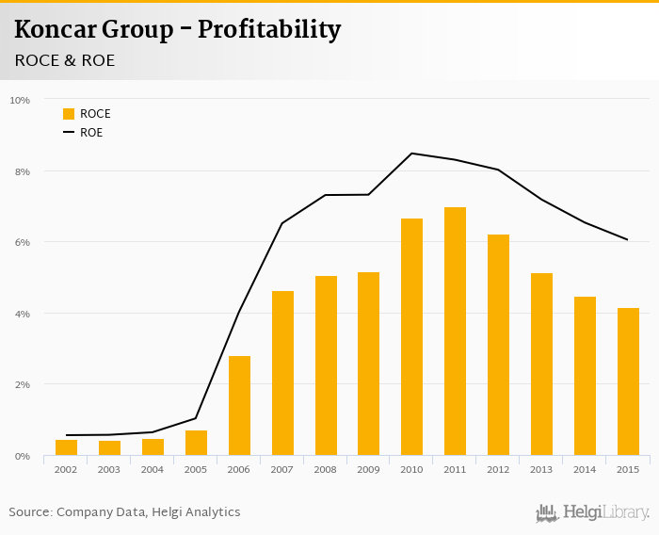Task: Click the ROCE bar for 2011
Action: (455, 332)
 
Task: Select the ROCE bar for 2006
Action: (239, 406)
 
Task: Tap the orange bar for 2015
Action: (628, 381)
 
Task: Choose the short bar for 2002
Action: (66, 447)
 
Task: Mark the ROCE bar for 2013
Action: (541, 365)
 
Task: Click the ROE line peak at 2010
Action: (411, 154)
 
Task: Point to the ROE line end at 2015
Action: (628, 239)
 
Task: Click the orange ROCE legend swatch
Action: (69, 114)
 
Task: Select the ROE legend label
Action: (91, 133)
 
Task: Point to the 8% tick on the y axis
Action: (21, 171)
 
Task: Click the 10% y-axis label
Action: (20, 100)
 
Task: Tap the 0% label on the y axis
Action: (21, 457)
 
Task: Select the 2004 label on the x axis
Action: (153, 469)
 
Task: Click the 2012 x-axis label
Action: (498, 469)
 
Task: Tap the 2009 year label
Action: (368, 469)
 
